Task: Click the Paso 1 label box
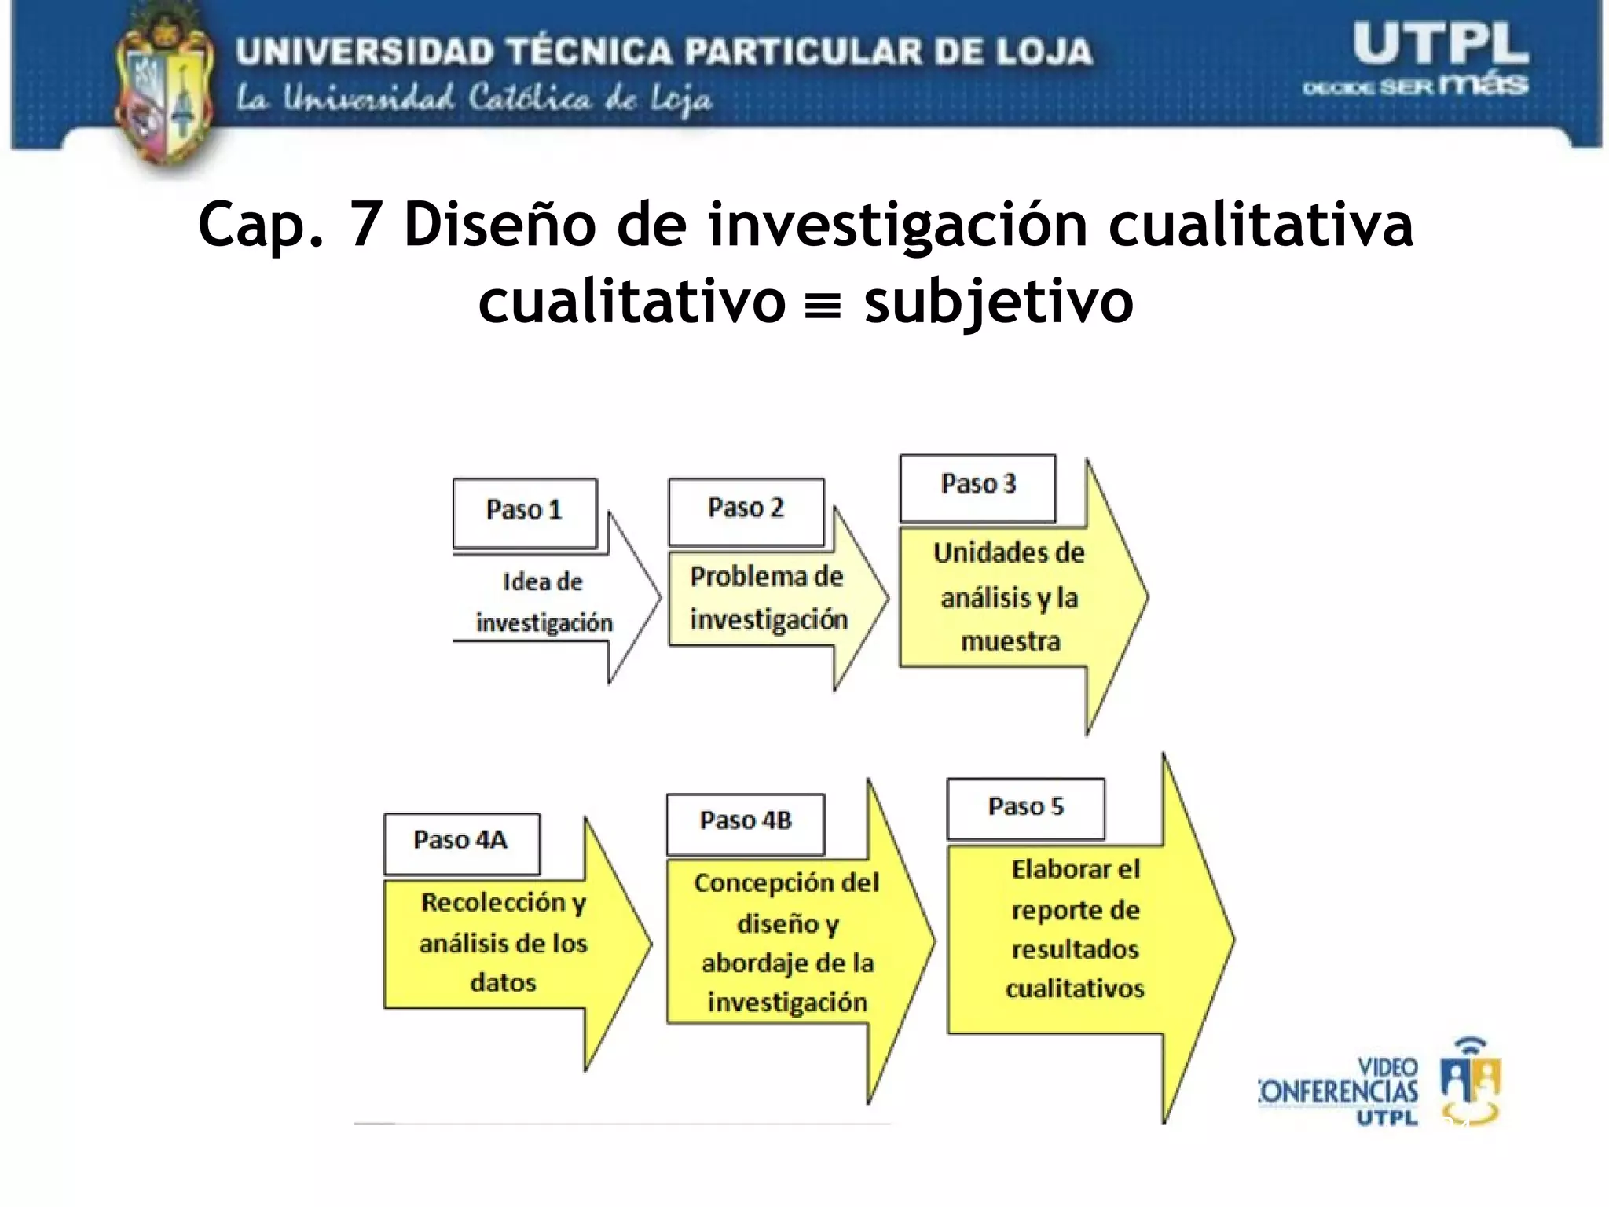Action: [x=524, y=512]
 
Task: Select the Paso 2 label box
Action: [x=746, y=511]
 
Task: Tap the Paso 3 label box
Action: [x=977, y=487]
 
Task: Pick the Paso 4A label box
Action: [x=461, y=843]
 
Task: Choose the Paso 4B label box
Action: [x=745, y=824]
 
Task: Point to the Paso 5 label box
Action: [x=1025, y=809]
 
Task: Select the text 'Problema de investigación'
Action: [x=768, y=598]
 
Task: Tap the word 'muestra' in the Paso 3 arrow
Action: [x=1010, y=642]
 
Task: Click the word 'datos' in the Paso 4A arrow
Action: [x=503, y=982]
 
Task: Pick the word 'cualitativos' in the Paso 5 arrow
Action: [x=1075, y=989]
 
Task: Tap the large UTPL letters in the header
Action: [x=1439, y=45]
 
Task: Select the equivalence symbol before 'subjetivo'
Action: [x=824, y=304]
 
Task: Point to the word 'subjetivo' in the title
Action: [x=998, y=303]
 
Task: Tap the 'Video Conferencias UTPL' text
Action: [x=1340, y=1091]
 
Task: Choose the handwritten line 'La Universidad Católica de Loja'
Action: [x=475, y=101]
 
